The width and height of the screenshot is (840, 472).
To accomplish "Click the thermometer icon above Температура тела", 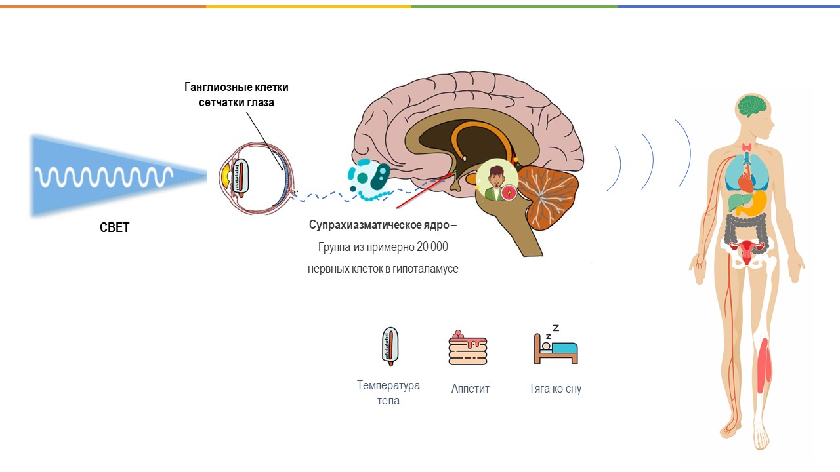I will click(x=390, y=346).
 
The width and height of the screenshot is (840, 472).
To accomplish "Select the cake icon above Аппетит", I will click(x=468, y=348).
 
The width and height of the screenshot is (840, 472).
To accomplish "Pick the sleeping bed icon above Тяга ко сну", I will click(x=555, y=346).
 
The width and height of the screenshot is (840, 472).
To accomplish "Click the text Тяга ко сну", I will click(x=555, y=389).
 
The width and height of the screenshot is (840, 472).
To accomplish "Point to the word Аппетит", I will click(x=470, y=389).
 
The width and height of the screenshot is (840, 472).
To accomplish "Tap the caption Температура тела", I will click(x=388, y=393).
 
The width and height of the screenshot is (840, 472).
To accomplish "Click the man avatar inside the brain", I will click(x=495, y=179).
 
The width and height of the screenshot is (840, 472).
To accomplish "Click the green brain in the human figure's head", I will click(x=753, y=106).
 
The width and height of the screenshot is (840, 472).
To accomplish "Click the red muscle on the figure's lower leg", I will click(x=763, y=363).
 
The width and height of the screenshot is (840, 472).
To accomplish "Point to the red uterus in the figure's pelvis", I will click(x=749, y=248).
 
